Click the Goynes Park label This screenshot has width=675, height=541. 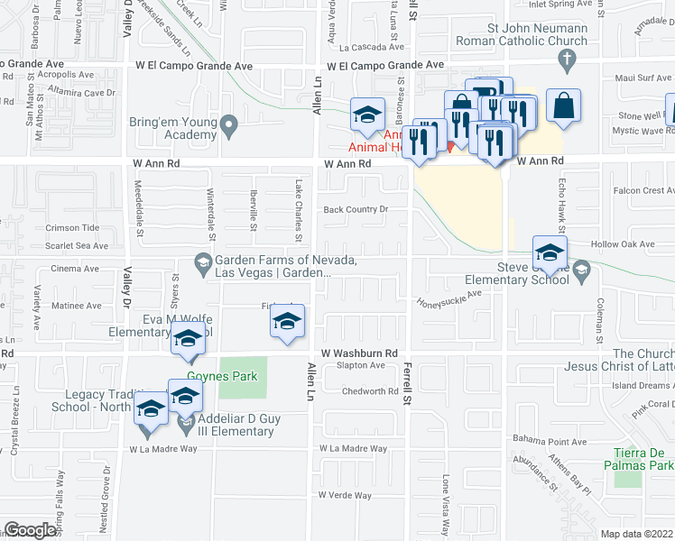[x=221, y=376]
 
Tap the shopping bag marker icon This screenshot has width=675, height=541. [x=563, y=105]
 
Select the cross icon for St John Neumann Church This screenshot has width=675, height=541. [x=567, y=62]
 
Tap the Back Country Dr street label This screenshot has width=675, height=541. [x=356, y=210]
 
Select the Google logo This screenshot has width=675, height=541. [x=30, y=530]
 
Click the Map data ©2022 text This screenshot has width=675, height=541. [x=636, y=534]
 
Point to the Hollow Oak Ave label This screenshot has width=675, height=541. [x=622, y=244]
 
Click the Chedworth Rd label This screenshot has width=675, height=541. [x=370, y=391]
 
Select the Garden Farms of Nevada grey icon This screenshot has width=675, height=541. [x=203, y=262]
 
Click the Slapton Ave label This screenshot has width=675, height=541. [x=355, y=365]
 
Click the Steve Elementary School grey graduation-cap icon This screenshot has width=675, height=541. [x=582, y=268]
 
